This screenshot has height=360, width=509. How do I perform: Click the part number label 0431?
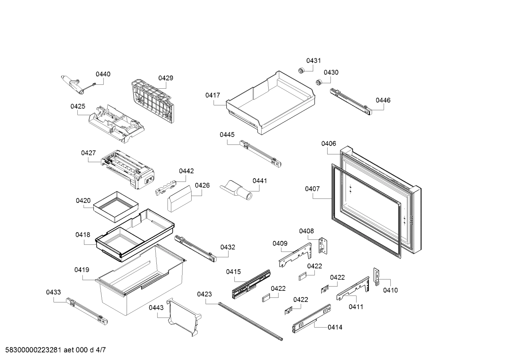pos(313,61)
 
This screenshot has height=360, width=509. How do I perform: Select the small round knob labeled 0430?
pos(319,82)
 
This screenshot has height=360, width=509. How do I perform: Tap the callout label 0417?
pos(212,95)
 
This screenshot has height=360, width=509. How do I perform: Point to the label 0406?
pos(328,144)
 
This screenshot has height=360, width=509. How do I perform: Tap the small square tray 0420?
pos(116,207)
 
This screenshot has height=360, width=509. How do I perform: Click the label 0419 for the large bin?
pos(82,270)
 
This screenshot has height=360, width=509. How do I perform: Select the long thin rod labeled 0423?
pos(251,321)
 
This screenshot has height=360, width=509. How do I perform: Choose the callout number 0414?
pos(335,327)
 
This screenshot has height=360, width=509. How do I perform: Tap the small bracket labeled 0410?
pos(376,277)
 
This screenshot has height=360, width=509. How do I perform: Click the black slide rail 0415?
pos(251,284)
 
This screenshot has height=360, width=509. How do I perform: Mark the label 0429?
pos(166,78)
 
